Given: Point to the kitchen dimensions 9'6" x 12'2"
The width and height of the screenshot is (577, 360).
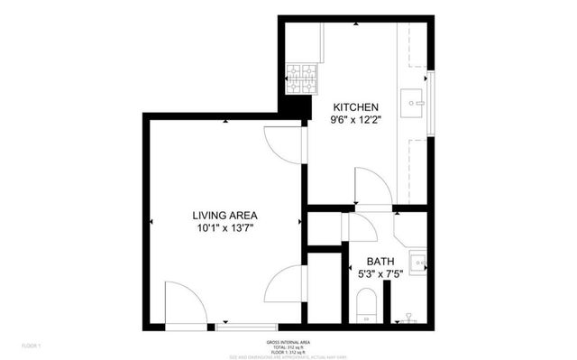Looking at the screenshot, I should coord(354,119).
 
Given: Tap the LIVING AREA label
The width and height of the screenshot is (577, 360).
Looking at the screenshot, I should coord(225,215).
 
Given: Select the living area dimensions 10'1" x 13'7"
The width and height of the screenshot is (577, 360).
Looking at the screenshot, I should coord(225,229).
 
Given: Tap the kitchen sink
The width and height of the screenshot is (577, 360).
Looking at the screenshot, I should coord(417,103).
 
